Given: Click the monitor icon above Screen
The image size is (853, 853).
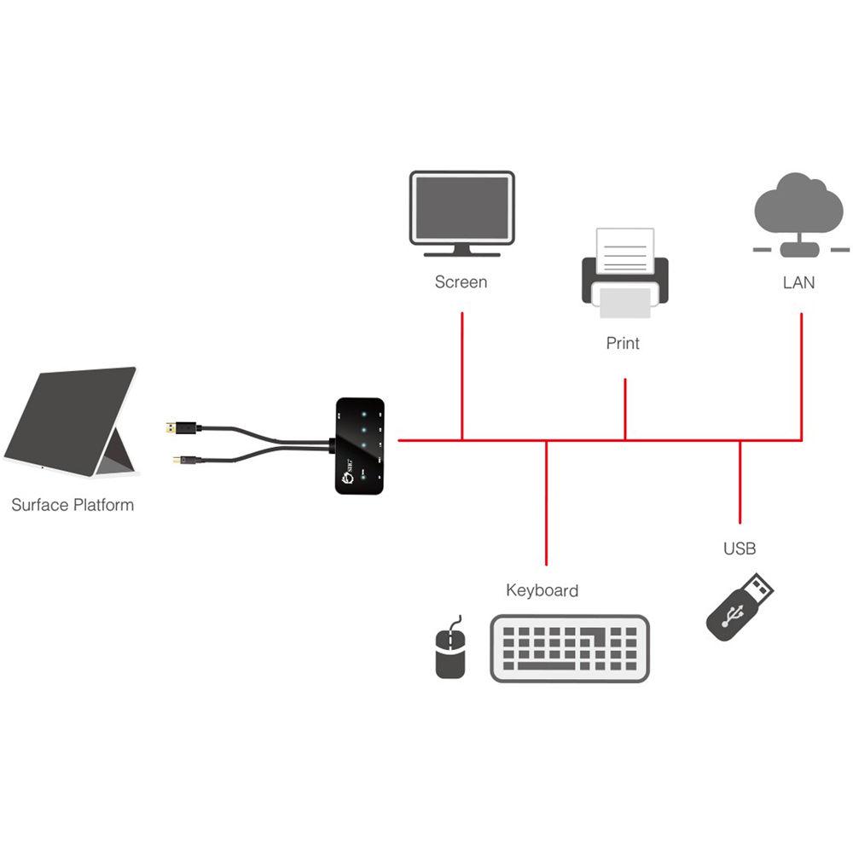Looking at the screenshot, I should pyautogui.click(x=461, y=212).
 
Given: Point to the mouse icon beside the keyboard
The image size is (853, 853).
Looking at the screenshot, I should pyautogui.click(x=450, y=652).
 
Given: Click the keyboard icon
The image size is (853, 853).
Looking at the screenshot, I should pyautogui.click(x=570, y=648).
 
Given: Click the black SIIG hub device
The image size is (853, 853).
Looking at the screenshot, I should pyautogui.click(x=363, y=444).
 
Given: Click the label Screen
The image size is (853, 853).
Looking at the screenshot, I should pyautogui.click(x=461, y=282).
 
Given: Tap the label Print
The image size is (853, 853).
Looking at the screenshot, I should pyautogui.click(x=623, y=344).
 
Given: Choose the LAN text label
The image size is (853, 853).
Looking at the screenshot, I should pyautogui.click(x=798, y=282).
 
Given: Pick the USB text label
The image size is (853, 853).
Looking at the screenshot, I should pyautogui.click(x=740, y=548).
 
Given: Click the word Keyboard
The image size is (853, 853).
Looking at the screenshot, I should pyautogui.click(x=542, y=590).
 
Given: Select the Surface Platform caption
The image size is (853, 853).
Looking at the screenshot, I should pyautogui.click(x=73, y=505).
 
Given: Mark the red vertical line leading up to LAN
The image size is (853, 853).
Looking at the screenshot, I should pyautogui.click(x=802, y=375).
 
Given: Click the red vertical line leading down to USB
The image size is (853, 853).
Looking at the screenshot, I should pyautogui.click(x=740, y=482).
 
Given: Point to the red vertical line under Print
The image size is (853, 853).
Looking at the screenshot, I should pyautogui.click(x=625, y=409).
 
